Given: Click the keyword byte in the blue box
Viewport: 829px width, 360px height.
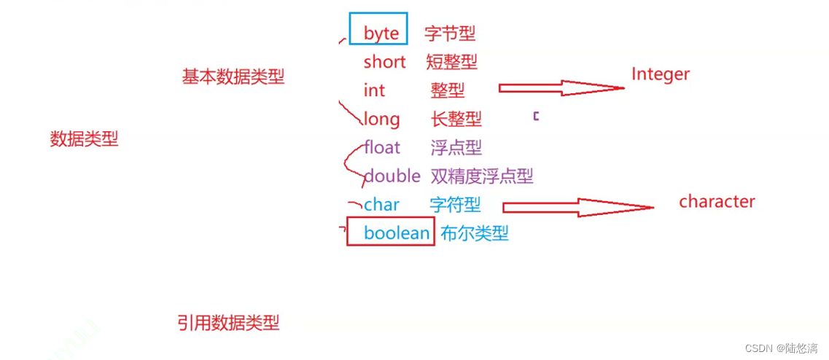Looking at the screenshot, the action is [381, 33].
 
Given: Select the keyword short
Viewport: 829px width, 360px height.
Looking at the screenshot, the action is [384, 62].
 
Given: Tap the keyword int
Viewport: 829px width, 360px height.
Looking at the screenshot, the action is [374, 90].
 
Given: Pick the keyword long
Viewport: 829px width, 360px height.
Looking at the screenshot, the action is [381, 119].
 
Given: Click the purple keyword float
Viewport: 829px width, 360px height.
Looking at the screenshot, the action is [382, 147].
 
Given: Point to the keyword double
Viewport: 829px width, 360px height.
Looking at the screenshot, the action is [392, 176].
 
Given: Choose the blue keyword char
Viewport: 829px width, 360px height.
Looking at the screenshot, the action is [381, 205].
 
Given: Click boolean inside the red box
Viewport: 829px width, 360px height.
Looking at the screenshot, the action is [397, 233].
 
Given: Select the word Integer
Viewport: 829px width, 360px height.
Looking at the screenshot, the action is [660, 74].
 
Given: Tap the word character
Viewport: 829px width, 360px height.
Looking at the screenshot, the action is [717, 202].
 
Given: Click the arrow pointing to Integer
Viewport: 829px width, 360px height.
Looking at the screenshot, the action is [561, 88].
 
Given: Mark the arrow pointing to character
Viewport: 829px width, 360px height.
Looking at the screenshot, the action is [577, 207].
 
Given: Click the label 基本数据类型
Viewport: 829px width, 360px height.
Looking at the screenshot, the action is [233, 77].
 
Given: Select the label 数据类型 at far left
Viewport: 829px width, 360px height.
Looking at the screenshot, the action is [84, 139].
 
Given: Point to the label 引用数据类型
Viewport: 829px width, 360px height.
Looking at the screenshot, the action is [228, 323].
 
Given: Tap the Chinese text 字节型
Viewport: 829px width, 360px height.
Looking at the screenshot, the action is [450, 33].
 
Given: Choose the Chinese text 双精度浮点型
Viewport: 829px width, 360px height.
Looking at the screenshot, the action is [481, 176].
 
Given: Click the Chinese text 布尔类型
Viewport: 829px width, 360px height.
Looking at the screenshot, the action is [474, 233].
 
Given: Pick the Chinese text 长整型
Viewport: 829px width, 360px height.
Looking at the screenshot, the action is [456, 119].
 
